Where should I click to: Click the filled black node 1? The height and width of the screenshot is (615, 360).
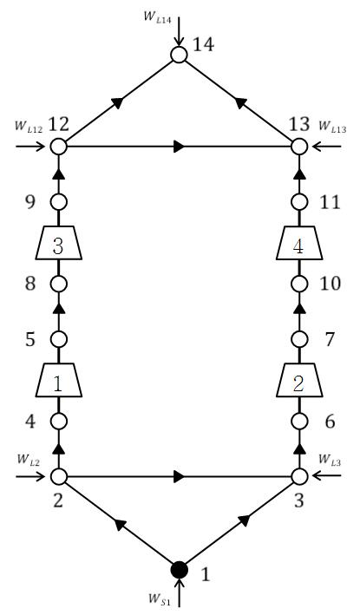pyautogui.click(x=180, y=570)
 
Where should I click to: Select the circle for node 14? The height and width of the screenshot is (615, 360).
pyautogui.click(x=179, y=55)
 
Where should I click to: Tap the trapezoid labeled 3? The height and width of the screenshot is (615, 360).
pyautogui.click(x=59, y=243)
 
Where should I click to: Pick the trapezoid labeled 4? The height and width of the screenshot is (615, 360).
pyautogui.click(x=299, y=243)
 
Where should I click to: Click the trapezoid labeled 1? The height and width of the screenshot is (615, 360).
pyautogui.click(x=59, y=380)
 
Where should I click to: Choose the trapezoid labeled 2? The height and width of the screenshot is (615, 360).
pyautogui.click(x=299, y=380)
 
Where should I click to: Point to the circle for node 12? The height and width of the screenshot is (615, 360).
pyautogui.click(x=59, y=147)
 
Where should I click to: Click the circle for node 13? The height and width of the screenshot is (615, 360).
pyautogui.click(x=299, y=147)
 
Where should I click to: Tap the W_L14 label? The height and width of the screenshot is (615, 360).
pyautogui.click(x=158, y=18)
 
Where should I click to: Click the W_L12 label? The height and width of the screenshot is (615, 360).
pyautogui.click(x=29, y=128)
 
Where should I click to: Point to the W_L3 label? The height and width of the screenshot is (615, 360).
pyautogui.click(x=330, y=458)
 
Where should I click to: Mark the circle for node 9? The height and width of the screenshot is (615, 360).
pyautogui.click(x=59, y=202)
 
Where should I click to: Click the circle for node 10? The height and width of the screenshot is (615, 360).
pyautogui.click(x=299, y=284)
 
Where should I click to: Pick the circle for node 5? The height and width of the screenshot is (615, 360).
pyautogui.click(x=59, y=339)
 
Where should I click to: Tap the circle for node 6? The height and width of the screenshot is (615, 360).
pyautogui.click(x=299, y=422)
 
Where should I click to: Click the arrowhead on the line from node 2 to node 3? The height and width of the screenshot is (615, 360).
pyautogui.click(x=179, y=476)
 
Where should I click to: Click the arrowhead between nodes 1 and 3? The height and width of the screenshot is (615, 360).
pyautogui.click(x=244, y=520)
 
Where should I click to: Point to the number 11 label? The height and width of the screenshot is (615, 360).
pyautogui.click(x=330, y=202)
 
